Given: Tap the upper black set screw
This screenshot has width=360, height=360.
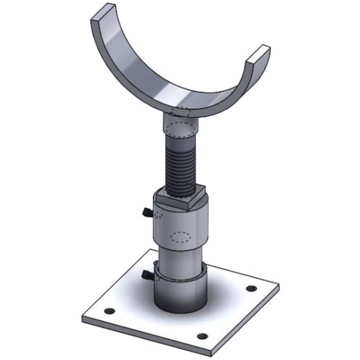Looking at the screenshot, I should coord(146,212).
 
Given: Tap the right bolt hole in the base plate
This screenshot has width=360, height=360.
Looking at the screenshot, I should coord(251,288).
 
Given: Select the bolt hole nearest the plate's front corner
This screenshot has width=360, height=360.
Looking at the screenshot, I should coord(202,336).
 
